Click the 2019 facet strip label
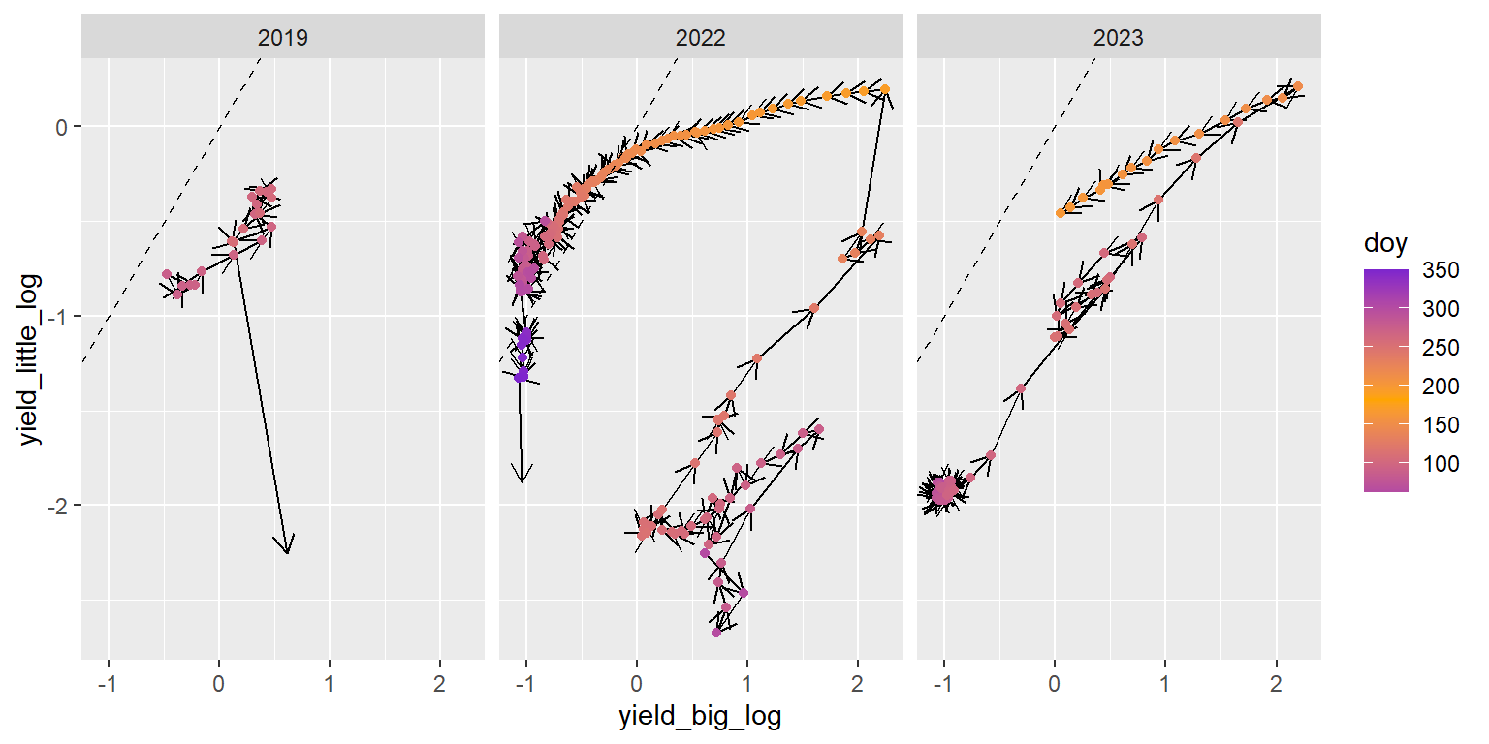point(283,39)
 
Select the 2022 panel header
point(700,39)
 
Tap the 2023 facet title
point(1118,39)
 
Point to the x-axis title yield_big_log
point(700,718)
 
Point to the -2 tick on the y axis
point(60,506)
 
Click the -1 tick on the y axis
point(60,317)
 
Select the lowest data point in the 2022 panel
point(716,632)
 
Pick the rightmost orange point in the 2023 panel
point(1298,86)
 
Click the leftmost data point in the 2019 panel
point(167,274)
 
